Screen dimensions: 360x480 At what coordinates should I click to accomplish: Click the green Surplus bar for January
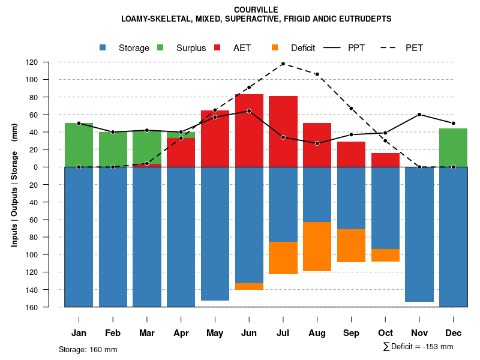point(79,144)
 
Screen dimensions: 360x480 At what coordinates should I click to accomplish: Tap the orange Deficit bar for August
point(317,247)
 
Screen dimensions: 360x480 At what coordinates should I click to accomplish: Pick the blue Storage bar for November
point(419,234)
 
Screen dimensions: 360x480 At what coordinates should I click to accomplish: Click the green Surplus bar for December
point(453,148)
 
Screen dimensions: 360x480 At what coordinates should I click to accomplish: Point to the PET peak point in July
point(283,64)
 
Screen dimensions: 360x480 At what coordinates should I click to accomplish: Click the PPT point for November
point(419,115)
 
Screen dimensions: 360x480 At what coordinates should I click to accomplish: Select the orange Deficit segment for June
point(249,286)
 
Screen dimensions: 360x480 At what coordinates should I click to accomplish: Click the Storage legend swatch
point(103,48)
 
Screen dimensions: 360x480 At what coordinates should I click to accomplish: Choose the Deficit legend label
point(303,48)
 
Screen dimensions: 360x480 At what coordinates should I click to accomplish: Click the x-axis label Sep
point(351,333)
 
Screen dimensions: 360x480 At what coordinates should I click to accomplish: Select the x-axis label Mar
point(147,333)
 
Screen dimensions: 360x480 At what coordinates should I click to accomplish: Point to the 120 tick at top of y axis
point(49,62)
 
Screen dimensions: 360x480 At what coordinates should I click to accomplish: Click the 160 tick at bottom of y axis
point(49,307)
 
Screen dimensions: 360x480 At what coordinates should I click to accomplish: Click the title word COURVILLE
point(256,10)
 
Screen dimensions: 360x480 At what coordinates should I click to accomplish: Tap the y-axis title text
point(14,185)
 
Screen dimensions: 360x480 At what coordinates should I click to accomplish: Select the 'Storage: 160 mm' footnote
point(88,349)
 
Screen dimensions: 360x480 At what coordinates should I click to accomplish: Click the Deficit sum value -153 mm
point(435,347)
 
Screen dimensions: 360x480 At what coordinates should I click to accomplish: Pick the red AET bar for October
point(385,160)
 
